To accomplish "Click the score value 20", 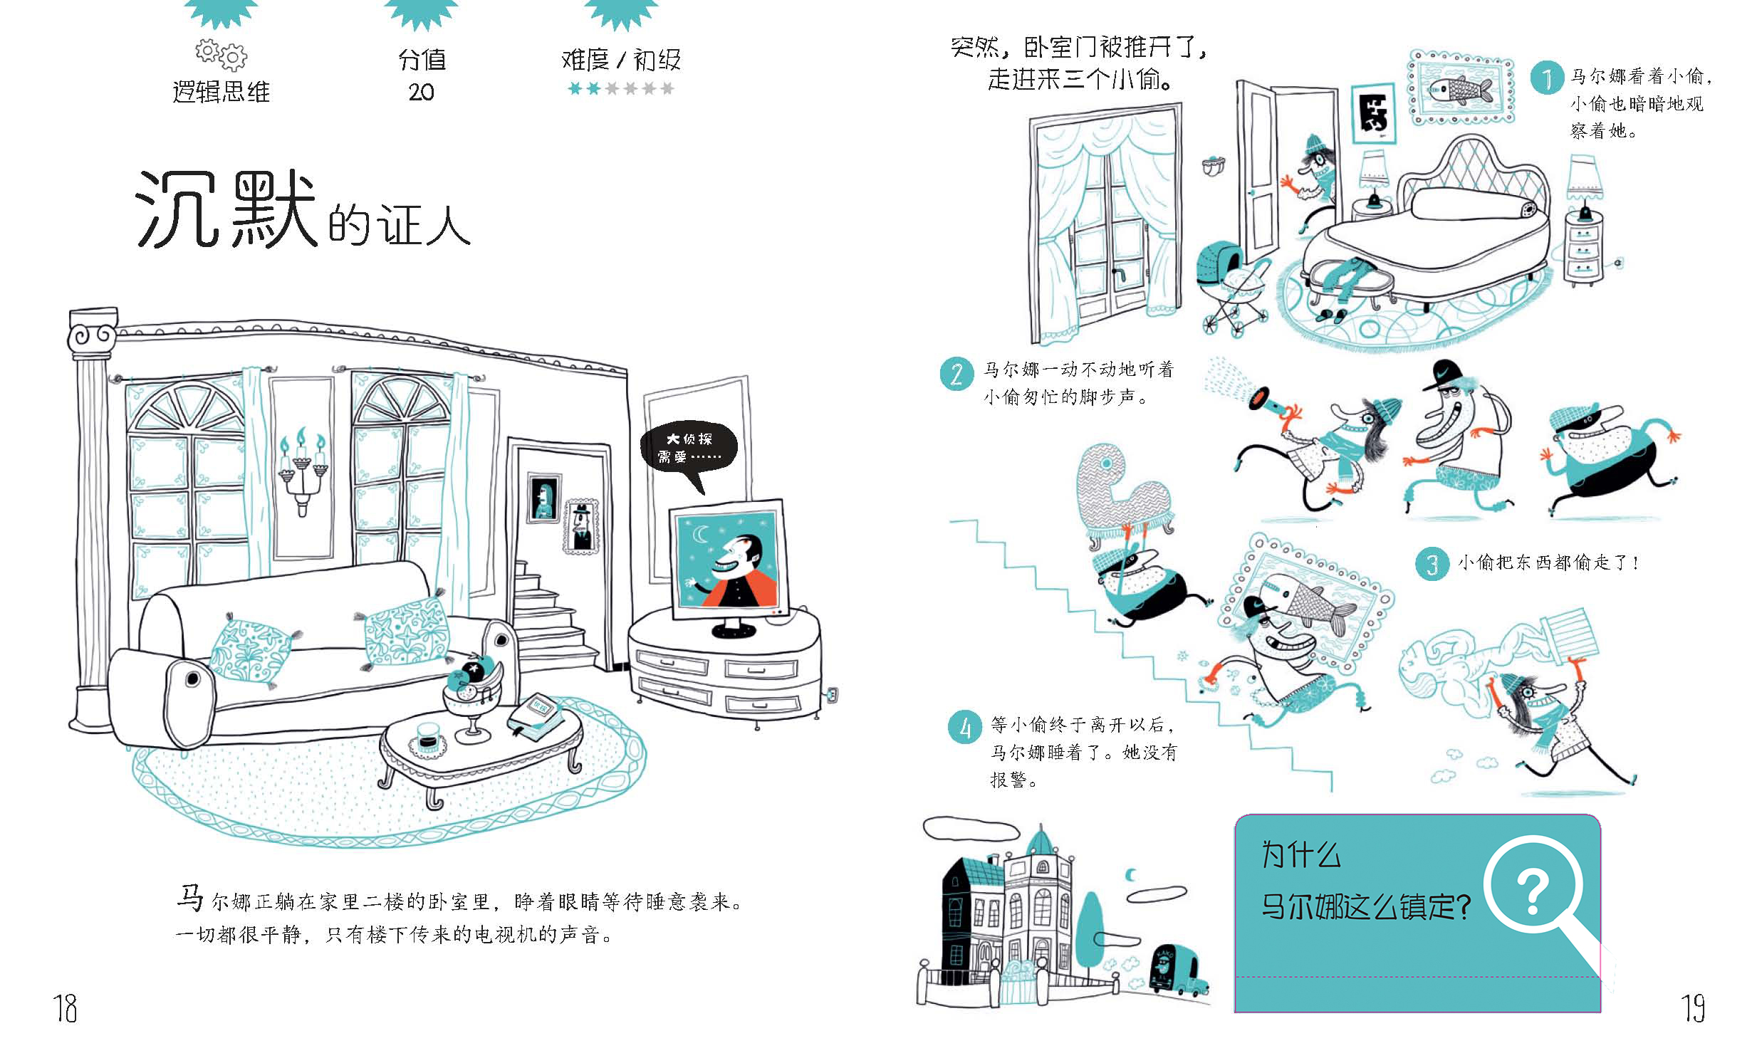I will [x=422, y=92].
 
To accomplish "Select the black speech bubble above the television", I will [x=688, y=448].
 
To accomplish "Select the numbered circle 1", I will [x=1546, y=77].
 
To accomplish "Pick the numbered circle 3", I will [x=1432, y=564].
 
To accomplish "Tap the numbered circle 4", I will [x=965, y=727].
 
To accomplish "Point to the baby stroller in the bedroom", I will [x=1233, y=286].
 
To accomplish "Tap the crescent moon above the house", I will [x=1131, y=875].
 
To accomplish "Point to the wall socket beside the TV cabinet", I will [x=831, y=692].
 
